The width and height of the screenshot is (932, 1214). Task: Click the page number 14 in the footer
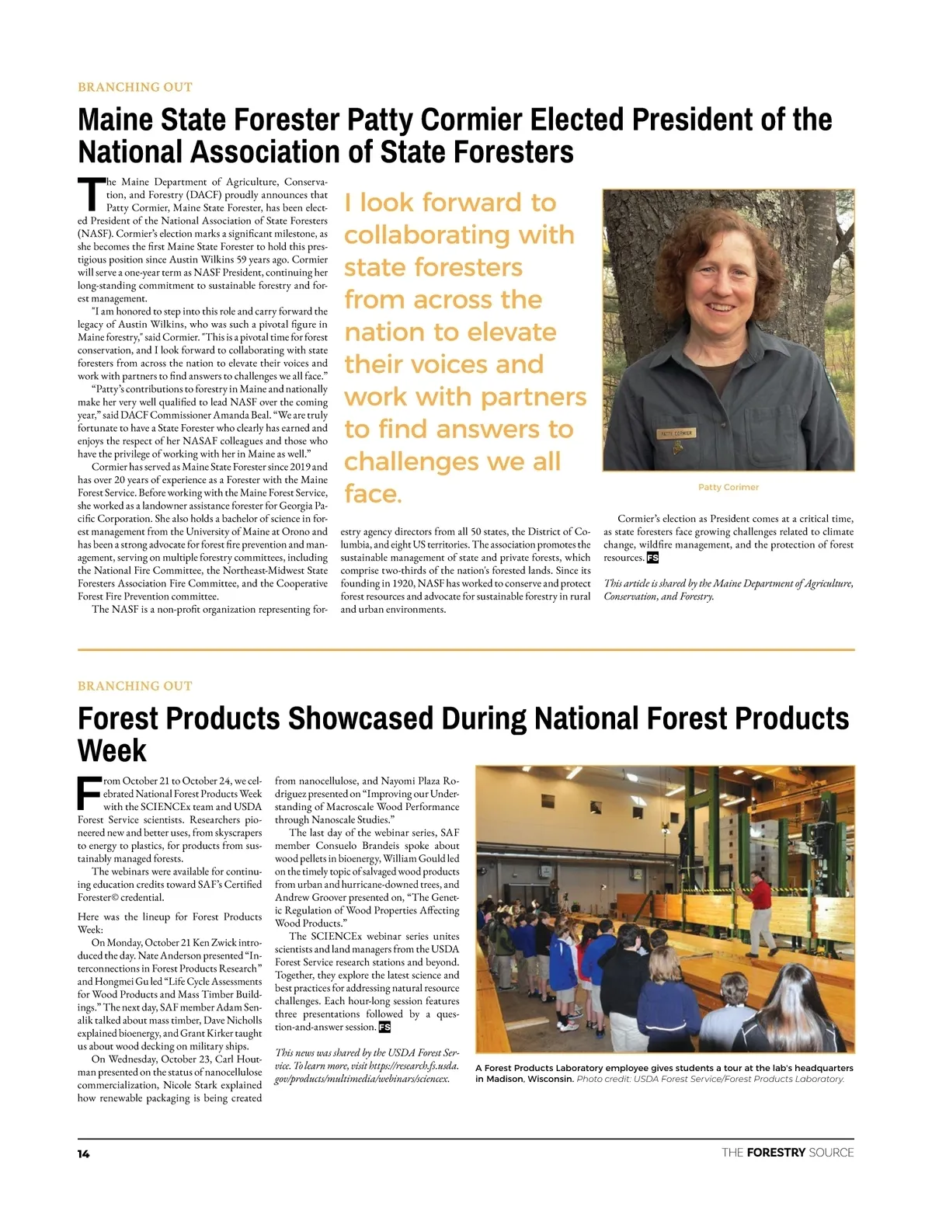pyautogui.click(x=83, y=1153)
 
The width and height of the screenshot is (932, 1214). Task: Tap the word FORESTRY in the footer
pyautogui.click(x=775, y=1153)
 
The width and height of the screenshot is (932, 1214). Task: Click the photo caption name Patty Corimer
pyautogui.click(x=728, y=487)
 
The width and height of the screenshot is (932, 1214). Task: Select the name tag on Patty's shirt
pyautogui.click(x=676, y=433)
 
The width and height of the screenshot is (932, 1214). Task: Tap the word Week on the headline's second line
pyautogui.click(x=112, y=751)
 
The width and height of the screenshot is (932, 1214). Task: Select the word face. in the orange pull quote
pyautogui.click(x=373, y=493)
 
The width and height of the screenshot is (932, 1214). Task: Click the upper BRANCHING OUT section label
pyautogui.click(x=135, y=87)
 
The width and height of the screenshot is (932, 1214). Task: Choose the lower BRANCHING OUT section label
pyautogui.click(x=135, y=686)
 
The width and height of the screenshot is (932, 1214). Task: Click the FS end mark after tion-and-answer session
pyautogui.click(x=384, y=1027)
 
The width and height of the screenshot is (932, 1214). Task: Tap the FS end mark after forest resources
pyautogui.click(x=652, y=558)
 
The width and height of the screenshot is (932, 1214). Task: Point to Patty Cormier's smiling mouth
pyautogui.click(x=722, y=307)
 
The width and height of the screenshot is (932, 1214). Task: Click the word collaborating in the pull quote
pyautogui.click(x=459, y=235)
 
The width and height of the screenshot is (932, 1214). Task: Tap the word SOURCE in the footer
pyautogui.click(x=831, y=1153)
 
